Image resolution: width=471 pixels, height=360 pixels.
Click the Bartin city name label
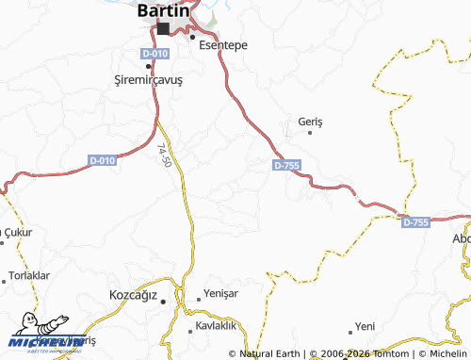tap(169, 10)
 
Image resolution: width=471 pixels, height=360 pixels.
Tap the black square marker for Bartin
tap(163, 29)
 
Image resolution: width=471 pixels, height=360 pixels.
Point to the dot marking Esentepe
tap(192, 38)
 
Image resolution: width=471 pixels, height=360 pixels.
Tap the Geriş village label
tap(310, 123)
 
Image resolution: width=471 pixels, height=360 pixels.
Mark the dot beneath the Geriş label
tap(309, 133)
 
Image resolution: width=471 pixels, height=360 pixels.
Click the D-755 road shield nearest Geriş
tap(286, 165)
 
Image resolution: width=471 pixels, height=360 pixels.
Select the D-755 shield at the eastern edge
tap(415, 222)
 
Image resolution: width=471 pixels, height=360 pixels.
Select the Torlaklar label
tap(28, 276)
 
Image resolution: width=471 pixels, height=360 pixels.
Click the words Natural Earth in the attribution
tap(270, 353)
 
